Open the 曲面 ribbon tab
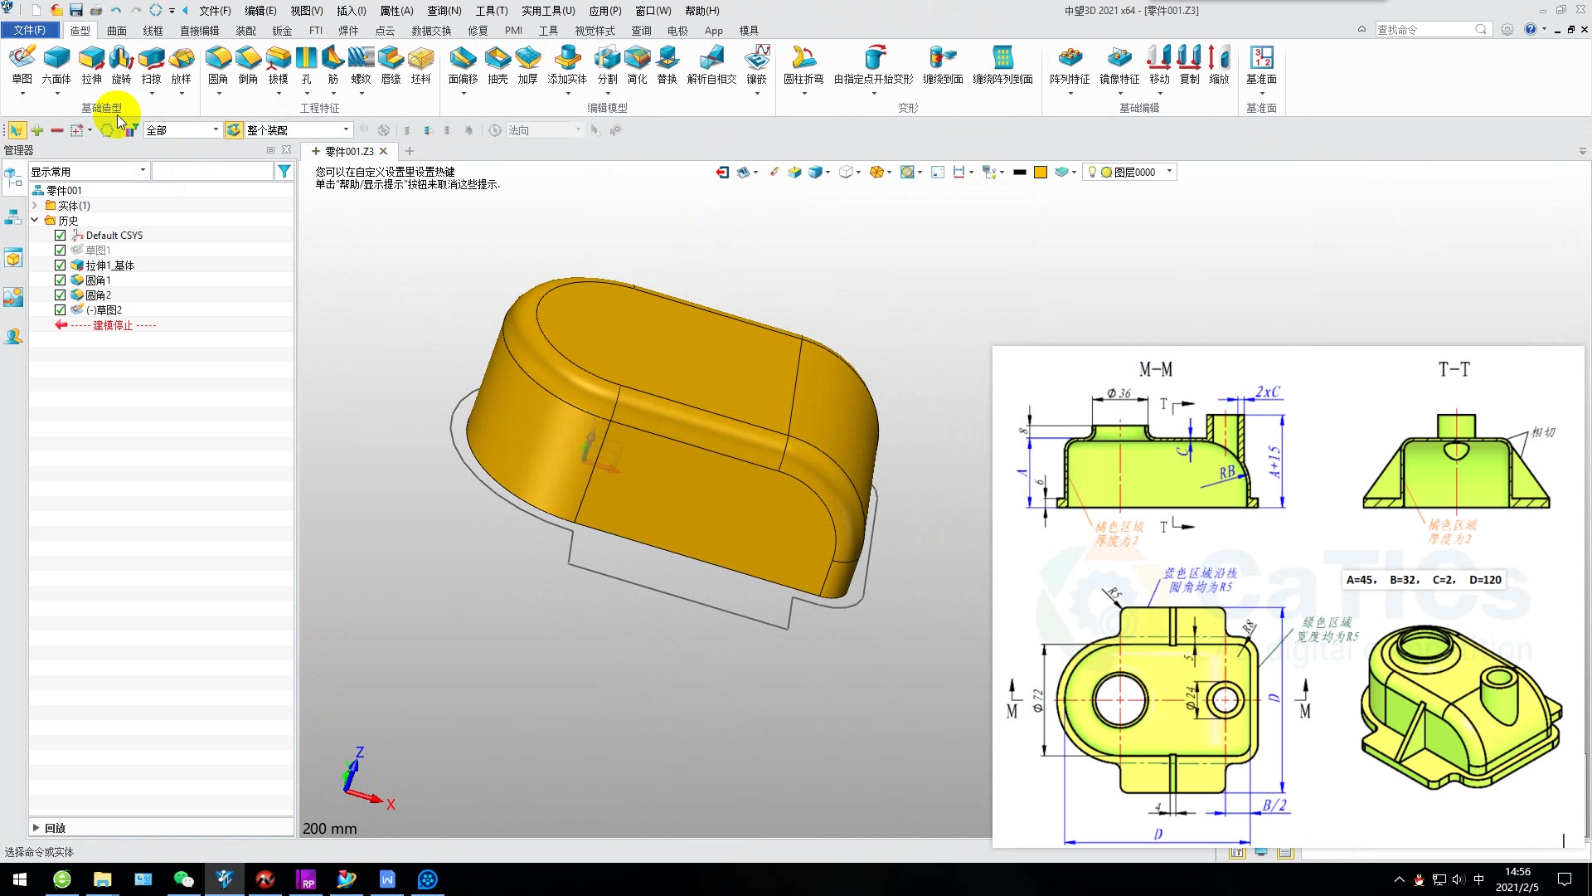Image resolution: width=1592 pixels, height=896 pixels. (x=117, y=31)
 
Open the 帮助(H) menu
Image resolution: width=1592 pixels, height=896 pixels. (x=701, y=11)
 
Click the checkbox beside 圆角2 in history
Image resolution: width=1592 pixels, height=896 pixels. (x=60, y=295)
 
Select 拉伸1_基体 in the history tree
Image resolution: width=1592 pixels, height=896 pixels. (x=109, y=265)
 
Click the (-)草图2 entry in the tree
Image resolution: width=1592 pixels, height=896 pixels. (x=104, y=310)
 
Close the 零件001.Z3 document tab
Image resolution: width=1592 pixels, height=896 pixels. (x=383, y=151)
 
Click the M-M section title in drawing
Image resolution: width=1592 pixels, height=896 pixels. (x=1155, y=369)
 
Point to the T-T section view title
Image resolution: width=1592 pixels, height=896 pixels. (x=1454, y=369)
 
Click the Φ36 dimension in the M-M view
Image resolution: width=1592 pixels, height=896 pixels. (x=1119, y=393)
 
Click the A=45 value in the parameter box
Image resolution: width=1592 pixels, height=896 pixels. (x=1361, y=580)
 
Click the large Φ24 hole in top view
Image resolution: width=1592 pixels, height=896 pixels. (x=1120, y=699)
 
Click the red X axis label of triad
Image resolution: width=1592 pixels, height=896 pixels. (x=391, y=804)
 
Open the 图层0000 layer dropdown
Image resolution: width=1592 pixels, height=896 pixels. (x=1169, y=172)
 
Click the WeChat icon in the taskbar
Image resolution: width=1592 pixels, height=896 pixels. (x=183, y=879)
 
